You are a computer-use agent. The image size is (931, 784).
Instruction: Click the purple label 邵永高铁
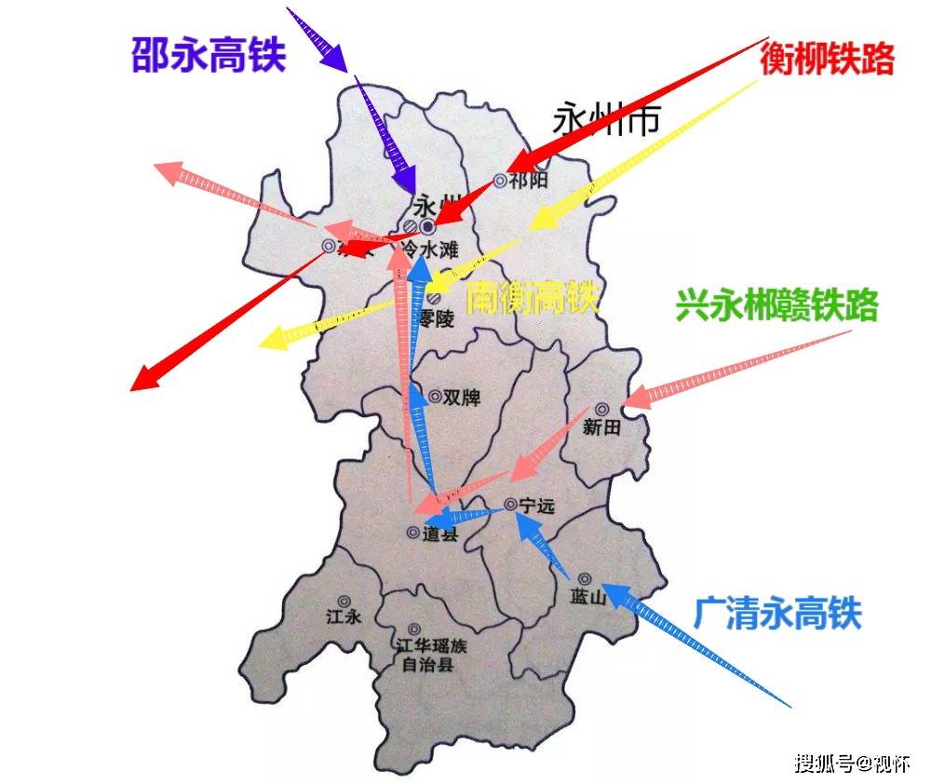point(208,56)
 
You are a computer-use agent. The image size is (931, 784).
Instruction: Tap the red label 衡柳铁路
point(827,59)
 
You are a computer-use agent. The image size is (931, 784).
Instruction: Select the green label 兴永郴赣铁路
point(776,306)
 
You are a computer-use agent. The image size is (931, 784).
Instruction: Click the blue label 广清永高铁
point(777,614)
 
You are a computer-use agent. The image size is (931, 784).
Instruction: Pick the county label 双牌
point(461,398)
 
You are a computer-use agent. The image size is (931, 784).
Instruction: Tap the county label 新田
point(600,427)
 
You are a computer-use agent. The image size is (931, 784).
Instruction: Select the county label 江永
point(344,616)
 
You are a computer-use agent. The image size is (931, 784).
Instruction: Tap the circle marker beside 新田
point(601,408)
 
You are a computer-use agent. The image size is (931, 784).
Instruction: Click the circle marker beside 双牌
point(435,397)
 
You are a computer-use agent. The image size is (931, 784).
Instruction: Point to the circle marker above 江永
point(344,602)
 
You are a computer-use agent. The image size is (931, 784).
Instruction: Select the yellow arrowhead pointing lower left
point(273,340)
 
